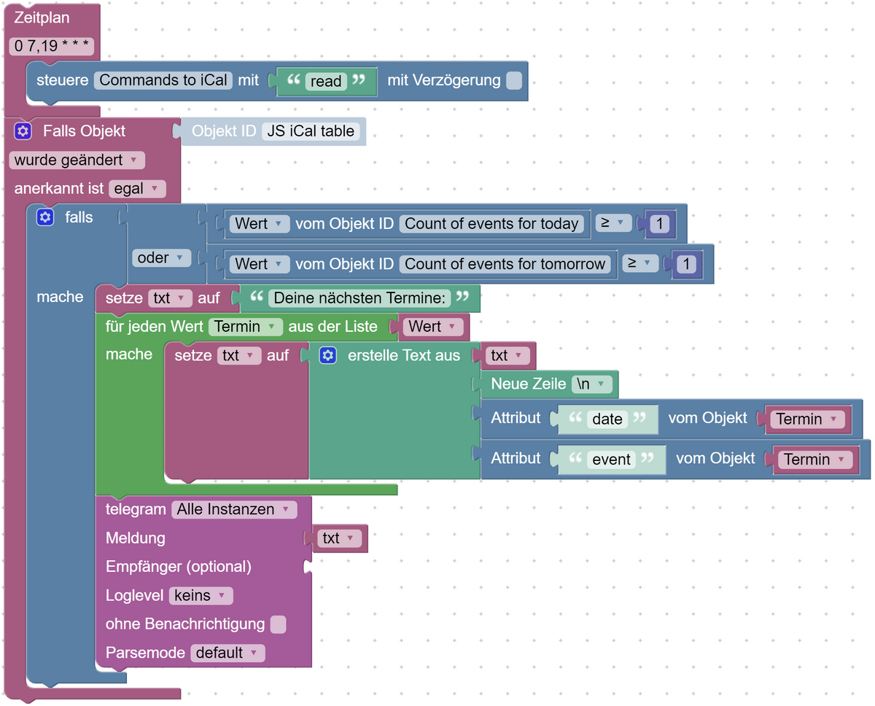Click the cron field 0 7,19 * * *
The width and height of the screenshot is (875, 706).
pos(52,47)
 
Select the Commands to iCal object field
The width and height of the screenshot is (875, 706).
pos(163,80)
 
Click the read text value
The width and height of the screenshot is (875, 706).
pos(326,82)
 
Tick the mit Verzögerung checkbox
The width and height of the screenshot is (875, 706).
pos(514,80)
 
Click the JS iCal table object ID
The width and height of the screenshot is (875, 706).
pos(311,131)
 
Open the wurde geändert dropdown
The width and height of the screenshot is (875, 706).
pos(77,160)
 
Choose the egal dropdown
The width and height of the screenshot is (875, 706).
pos(136,189)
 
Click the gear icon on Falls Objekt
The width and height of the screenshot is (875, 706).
pos(23,131)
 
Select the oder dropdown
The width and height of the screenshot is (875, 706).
pos(161,257)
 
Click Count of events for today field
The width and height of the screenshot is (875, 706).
pos(492,224)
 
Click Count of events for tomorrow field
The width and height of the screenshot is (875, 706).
pos(505,264)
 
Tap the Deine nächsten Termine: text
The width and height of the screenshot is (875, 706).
pos(359,298)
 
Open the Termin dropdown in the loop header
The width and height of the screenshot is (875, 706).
pos(245,327)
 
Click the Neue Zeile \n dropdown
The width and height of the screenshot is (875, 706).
pos(591,384)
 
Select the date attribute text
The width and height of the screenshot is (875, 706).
pos(607,419)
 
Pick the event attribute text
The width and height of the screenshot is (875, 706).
pos(611,459)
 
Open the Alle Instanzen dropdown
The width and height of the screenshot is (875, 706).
pos(233,509)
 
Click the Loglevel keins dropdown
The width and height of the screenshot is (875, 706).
pos(201,595)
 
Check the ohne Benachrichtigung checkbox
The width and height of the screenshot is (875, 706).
pos(278,624)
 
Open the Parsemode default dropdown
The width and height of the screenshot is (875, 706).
pos(227,653)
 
